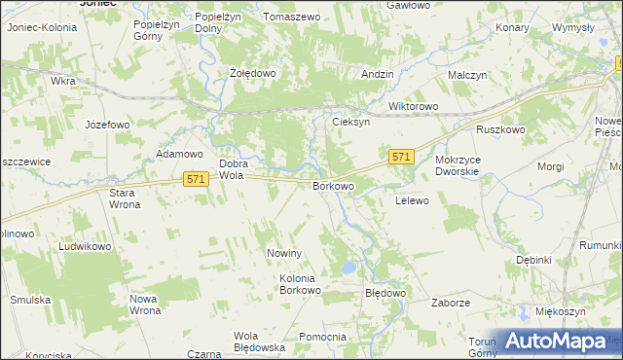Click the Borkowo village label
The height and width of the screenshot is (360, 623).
coord(332,185)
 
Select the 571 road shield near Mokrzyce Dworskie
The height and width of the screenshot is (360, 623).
coord(403,157)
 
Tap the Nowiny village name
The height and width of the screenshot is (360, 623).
coord(286,253)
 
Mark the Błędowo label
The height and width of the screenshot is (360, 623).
coord(384,292)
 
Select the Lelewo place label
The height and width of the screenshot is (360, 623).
coord(412,199)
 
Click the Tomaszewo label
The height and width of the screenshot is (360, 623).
coord(291,18)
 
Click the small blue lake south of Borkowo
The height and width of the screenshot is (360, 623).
coord(348,267)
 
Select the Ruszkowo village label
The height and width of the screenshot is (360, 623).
coord(500,129)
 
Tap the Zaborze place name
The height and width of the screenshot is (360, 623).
coord(451,303)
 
